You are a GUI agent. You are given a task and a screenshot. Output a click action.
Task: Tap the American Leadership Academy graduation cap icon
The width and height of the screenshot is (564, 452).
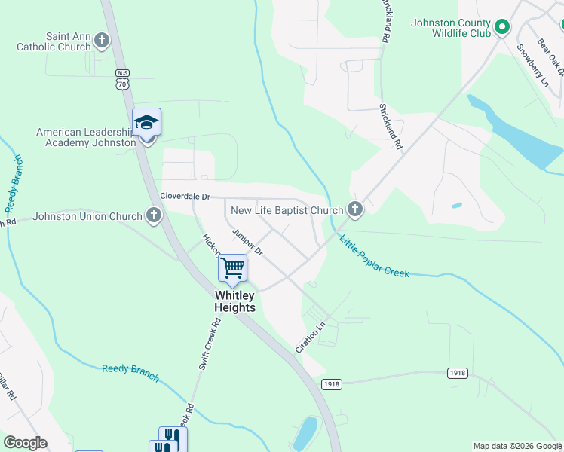click(x=146, y=123)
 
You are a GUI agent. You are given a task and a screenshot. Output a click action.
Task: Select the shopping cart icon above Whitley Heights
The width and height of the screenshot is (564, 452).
click(x=233, y=267)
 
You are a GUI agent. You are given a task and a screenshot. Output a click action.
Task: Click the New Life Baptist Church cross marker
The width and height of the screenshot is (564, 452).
click(x=354, y=210)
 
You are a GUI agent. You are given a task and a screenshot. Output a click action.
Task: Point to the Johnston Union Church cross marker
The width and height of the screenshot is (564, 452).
click(x=154, y=216)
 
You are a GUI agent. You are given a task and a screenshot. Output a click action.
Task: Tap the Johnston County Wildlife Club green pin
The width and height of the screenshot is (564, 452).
click(x=502, y=29)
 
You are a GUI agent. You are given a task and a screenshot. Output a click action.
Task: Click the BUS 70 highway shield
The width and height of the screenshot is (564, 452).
click(x=121, y=80)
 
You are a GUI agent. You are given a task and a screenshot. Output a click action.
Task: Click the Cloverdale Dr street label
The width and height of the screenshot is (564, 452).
click(x=184, y=197)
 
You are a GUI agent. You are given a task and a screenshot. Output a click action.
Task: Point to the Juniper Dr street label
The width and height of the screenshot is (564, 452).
click(x=247, y=243)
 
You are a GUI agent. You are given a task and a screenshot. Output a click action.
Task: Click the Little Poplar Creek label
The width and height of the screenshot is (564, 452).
click(x=374, y=256)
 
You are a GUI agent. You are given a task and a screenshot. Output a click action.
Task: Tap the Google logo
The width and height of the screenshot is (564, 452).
click(x=25, y=443)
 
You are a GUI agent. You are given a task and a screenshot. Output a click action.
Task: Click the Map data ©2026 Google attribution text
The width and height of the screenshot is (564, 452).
click(x=517, y=446)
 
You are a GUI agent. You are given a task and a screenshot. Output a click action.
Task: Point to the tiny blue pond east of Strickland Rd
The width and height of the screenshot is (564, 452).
click(x=456, y=205)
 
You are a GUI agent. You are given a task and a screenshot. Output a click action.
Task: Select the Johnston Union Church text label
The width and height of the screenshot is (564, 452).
click(x=87, y=217)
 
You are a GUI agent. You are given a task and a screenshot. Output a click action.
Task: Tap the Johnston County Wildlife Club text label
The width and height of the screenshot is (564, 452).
click(x=451, y=28)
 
